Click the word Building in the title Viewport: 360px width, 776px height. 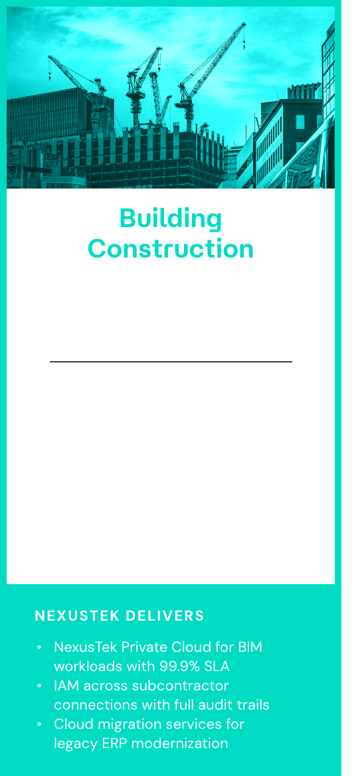(x=171, y=218)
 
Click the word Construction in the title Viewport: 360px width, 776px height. (x=171, y=248)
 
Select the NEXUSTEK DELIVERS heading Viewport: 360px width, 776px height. (x=120, y=616)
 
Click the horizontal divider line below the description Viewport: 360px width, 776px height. (x=171, y=362)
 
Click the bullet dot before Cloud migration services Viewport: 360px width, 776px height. (x=40, y=724)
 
